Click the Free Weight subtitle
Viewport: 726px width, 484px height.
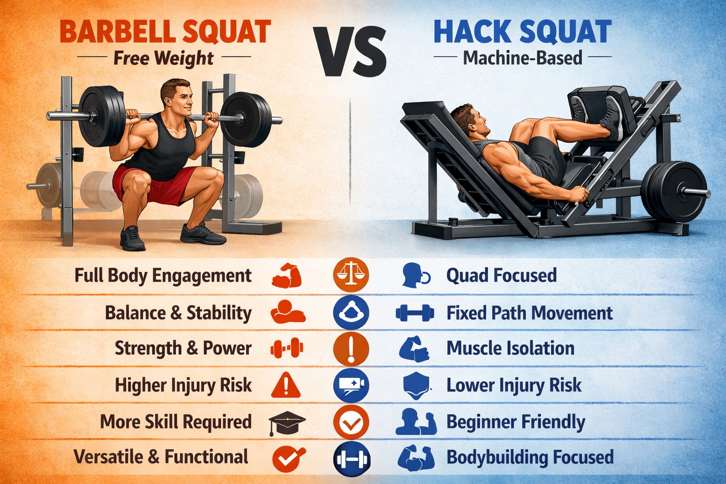164,58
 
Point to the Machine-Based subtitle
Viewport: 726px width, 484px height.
522,58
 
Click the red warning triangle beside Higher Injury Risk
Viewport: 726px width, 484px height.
285,385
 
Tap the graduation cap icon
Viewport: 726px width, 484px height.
286,422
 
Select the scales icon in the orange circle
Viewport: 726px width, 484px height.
351,275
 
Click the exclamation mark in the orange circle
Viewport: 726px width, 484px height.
351,349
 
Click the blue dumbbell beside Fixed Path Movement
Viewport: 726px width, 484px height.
415,313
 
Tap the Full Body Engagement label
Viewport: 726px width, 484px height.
163,276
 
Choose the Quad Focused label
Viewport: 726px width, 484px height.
501,276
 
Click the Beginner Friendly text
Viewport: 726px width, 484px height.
516,422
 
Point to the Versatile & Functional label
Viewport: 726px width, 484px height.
161,457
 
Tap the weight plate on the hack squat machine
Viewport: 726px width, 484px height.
674,191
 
